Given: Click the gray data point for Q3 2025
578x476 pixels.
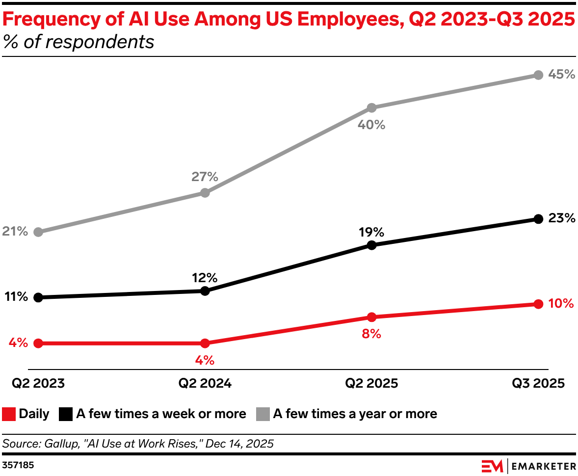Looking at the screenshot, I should [x=538, y=75].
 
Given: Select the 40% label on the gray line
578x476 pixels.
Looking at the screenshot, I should [x=371, y=125].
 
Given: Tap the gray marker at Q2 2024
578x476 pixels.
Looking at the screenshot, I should [x=205, y=193].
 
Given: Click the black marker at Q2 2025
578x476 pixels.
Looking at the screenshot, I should [x=371, y=245].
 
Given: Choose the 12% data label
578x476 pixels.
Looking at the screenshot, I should [x=205, y=277].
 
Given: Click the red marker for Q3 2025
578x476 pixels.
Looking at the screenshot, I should [x=538, y=304].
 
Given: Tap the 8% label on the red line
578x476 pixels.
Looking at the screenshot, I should [x=371, y=334].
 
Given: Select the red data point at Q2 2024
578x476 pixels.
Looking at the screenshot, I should [x=205, y=343].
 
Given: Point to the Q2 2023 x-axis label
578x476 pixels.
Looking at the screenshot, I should [x=38, y=383].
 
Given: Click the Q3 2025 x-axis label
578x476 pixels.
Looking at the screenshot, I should [x=538, y=383].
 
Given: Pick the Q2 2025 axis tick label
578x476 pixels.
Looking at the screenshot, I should [x=371, y=383].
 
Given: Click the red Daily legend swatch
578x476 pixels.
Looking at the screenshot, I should [x=9, y=414].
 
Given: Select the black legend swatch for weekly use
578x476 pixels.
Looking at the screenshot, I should [x=66, y=414].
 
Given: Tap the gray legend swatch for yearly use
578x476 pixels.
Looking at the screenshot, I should [x=263, y=414].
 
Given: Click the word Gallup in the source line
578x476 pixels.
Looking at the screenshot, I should [x=61, y=444].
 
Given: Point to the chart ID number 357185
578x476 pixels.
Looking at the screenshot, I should [x=18, y=464].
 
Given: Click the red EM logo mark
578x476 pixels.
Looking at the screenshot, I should [x=492, y=465].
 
